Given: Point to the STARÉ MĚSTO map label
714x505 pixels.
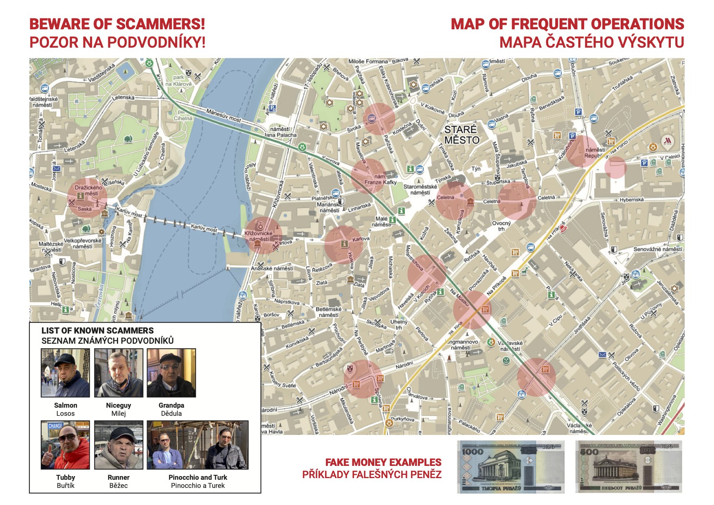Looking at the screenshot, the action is pos(461,135).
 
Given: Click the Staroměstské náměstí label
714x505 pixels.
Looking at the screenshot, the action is pos(420,189).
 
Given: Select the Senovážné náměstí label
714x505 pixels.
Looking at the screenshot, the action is pos(657,249).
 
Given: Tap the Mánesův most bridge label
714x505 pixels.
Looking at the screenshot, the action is pos(223,115).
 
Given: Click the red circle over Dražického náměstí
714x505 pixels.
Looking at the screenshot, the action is pos(87,198).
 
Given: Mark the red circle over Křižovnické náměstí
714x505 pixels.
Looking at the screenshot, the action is pos(263,235).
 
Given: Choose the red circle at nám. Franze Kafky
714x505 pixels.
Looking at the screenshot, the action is pos(368,176).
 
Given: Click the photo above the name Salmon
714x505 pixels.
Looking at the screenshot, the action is pos(65,373).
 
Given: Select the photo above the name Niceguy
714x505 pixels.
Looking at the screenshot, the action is pos(119,373).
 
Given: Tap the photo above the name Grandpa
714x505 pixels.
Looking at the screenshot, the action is pos(171,373).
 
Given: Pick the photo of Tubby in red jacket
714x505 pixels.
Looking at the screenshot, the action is pos(65,445).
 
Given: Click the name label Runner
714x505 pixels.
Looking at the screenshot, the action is pos(119,477).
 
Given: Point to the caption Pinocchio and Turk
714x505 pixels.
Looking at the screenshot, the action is pos(198,477).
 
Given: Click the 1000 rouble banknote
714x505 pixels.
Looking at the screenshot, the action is pos(510,467).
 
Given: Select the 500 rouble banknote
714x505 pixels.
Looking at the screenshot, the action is pos(628,467).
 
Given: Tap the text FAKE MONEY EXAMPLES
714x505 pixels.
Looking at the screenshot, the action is pos(383,462).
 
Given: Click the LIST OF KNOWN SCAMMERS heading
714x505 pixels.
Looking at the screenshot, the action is pos(97,331).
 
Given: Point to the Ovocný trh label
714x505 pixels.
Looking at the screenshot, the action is pos(501,226).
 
